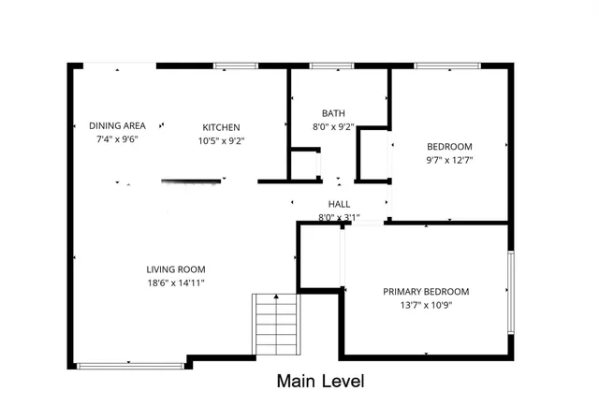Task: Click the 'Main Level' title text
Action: [319, 382]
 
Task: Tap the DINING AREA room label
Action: [117, 126]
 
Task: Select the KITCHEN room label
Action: [222, 127]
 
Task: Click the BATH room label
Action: [333, 113]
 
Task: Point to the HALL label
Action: [339, 204]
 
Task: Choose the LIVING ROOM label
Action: [175, 269]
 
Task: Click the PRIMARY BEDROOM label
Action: [426, 291]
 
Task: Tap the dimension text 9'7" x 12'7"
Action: [449, 159]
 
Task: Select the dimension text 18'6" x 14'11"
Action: [175, 282]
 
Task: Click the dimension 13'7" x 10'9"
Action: [426, 304]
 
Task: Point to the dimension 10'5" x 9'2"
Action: [222, 140]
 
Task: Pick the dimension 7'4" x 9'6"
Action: [117, 139]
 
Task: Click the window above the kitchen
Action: [229, 65]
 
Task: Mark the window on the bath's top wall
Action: [326, 65]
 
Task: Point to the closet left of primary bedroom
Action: [319, 255]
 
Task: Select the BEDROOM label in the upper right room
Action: [449, 146]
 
